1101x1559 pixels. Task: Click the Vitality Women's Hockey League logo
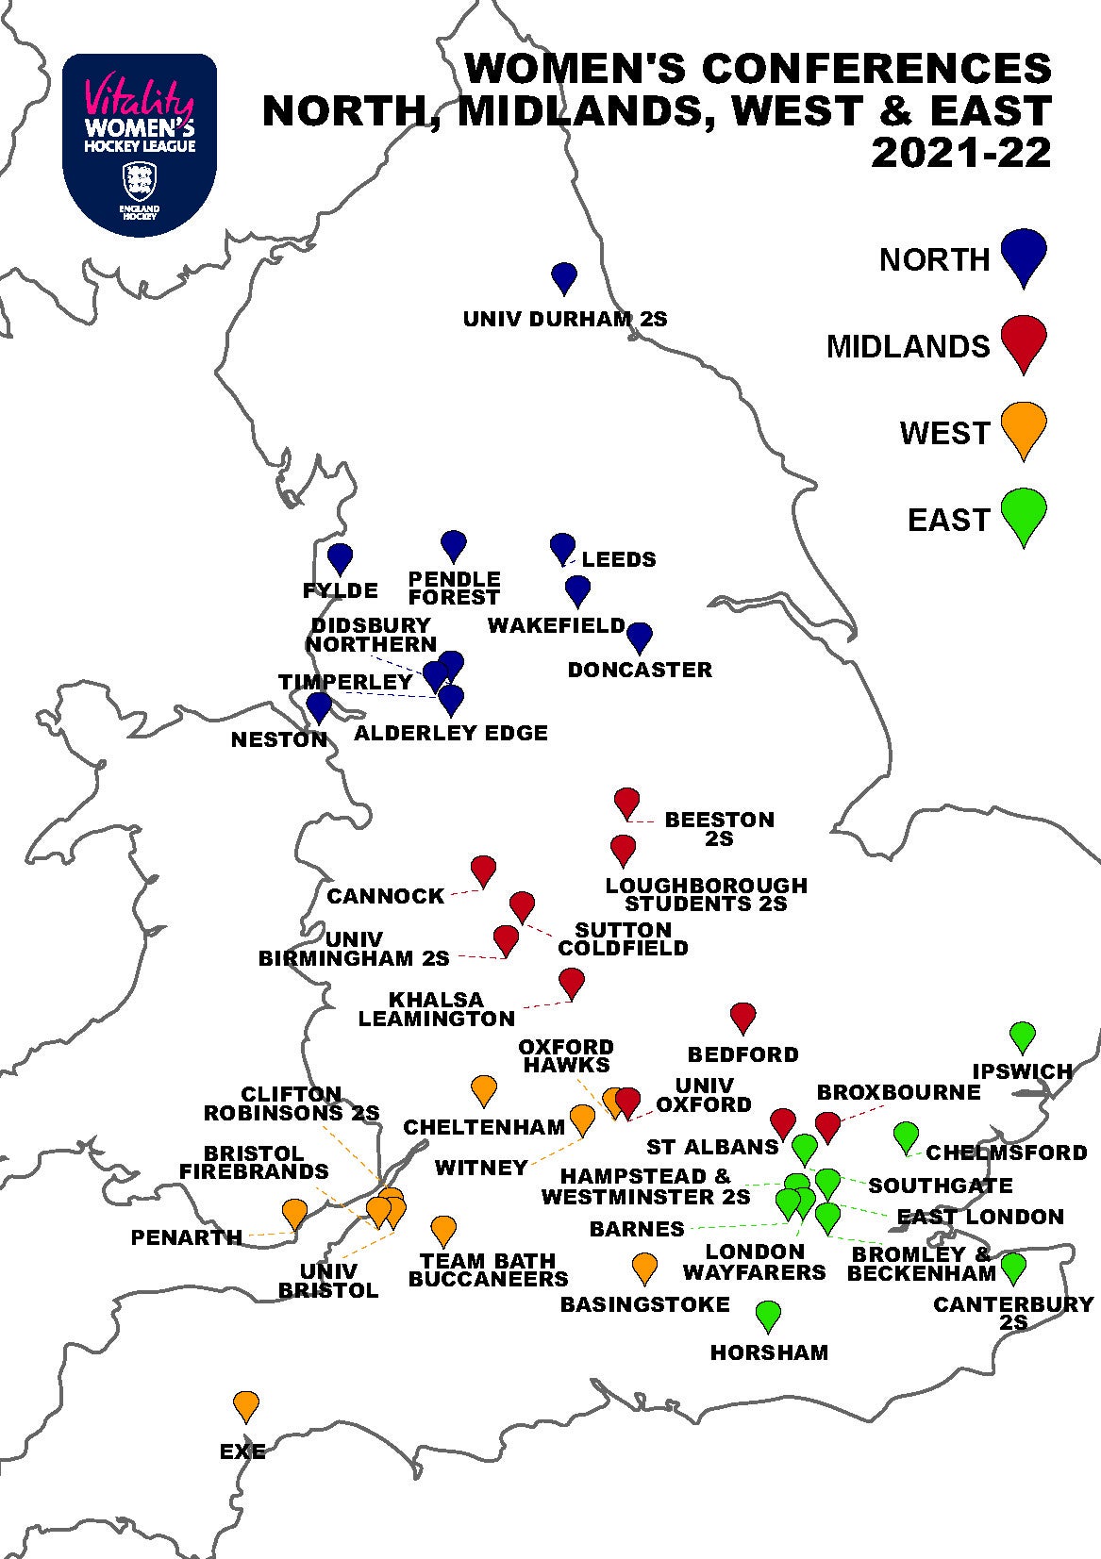[140, 143]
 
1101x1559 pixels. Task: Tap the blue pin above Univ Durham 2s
[563, 277]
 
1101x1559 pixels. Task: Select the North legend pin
[1025, 255]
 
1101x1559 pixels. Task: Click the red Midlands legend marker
[1025, 341]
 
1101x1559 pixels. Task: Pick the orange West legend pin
[1025, 428]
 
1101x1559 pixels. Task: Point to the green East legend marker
[1025, 515]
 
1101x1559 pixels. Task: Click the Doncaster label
[640, 670]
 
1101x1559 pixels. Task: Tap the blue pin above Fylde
[340, 557]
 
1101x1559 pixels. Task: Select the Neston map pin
[319, 706]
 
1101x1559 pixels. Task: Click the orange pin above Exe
[246, 1404]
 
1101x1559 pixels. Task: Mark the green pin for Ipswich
[1022, 1036]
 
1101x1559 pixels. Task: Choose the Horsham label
[769, 1352]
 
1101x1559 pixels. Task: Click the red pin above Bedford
[743, 1016]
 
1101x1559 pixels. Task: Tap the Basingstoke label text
[644, 1304]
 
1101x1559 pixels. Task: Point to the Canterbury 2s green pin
[1013, 1267]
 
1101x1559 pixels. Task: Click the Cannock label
[385, 896]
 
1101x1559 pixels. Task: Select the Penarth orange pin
[294, 1212]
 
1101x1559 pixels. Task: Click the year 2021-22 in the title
[960, 153]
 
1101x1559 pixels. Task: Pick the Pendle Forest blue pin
[454, 544]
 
